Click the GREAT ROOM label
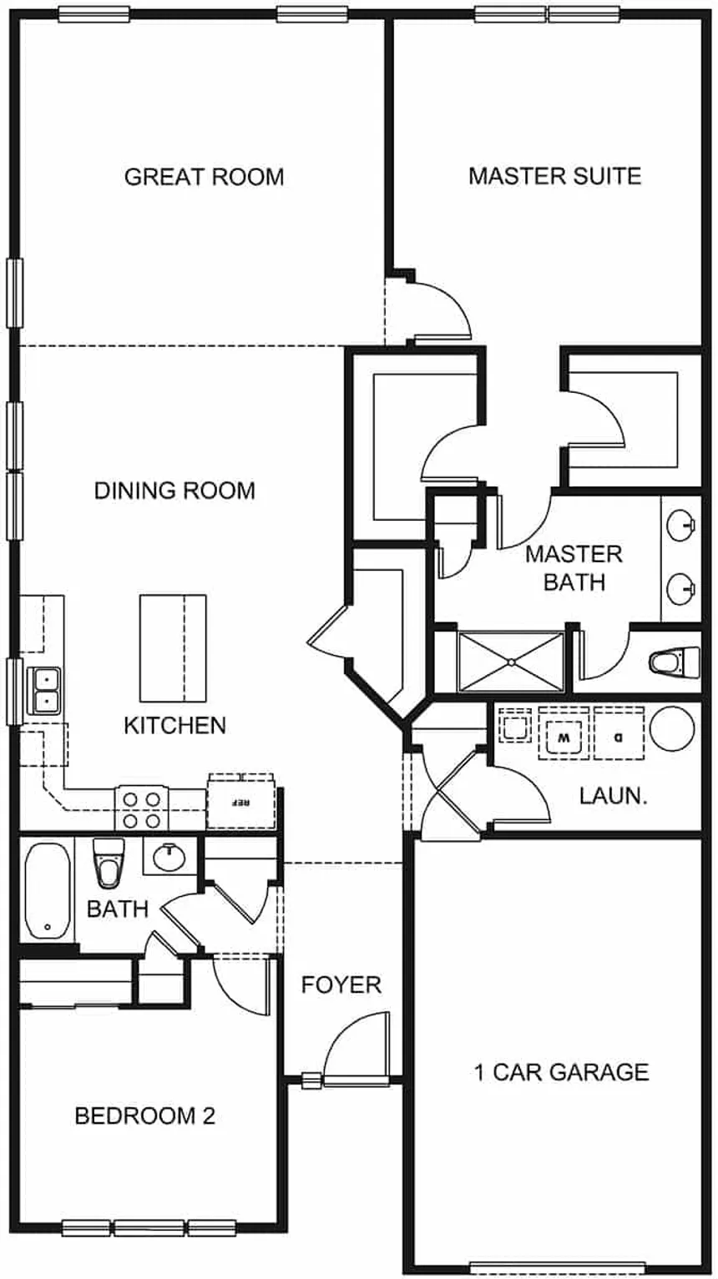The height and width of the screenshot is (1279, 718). point(204,177)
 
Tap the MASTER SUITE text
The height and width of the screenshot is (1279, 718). point(554,176)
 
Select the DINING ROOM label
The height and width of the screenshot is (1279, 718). point(174,490)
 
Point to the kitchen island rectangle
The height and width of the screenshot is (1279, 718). point(173,648)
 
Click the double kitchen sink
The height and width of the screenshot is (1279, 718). point(45,691)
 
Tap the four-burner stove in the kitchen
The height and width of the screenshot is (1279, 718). point(142,809)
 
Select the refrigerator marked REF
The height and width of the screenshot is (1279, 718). point(240,802)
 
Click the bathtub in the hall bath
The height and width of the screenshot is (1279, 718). point(48,890)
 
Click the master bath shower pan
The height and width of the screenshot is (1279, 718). point(511,662)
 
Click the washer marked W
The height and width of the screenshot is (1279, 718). point(564,736)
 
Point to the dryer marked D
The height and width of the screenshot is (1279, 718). point(619,736)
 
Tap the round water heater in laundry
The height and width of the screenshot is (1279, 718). point(672,728)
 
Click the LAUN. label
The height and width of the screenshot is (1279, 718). point(614,796)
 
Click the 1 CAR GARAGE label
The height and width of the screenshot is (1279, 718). point(561,1071)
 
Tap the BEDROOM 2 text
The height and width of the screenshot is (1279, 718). point(145,1115)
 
